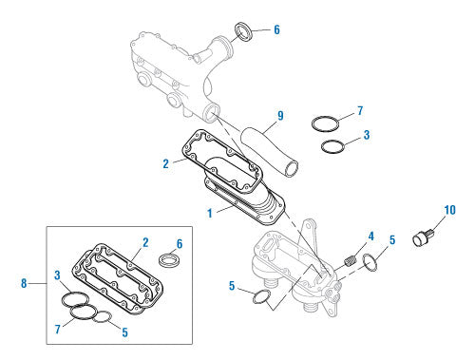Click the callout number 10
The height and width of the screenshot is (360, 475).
coord(449,210)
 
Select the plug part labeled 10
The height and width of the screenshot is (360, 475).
coord(424,237)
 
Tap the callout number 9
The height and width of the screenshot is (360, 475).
coord(280,116)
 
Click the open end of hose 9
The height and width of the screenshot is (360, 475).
coord(292,168)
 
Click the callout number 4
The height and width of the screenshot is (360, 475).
coord(370,237)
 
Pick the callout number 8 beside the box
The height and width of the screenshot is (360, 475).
coord(24,283)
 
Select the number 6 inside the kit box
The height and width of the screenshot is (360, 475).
coord(180,244)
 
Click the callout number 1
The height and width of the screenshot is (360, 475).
coord(210,214)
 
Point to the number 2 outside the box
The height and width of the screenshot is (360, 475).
coord(166,164)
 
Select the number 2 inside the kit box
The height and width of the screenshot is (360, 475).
coord(145,242)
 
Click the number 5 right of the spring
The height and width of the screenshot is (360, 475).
coord(392,240)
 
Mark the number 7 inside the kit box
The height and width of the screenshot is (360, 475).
coord(58,330)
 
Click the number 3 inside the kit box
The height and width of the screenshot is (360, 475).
coord(57,275)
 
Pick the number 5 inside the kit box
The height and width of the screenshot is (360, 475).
coord(125,332)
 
